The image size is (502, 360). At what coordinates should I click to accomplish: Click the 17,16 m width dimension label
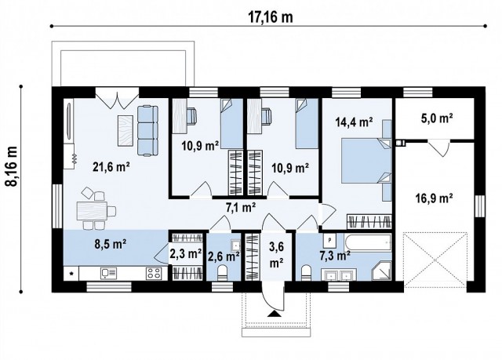271,17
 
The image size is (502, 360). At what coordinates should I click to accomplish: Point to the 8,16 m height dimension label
12,166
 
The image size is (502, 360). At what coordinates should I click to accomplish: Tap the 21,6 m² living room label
111,167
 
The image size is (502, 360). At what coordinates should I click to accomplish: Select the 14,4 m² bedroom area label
354,122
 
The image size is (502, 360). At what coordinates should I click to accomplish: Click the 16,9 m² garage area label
434,198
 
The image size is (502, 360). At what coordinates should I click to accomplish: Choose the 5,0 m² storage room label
437,118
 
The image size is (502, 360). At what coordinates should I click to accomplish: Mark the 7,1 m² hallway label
241,208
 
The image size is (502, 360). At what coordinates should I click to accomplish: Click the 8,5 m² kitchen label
111,244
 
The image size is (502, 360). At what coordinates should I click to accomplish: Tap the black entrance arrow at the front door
274,313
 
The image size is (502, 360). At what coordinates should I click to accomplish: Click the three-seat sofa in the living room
148,130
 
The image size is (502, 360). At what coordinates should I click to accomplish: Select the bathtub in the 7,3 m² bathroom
368,243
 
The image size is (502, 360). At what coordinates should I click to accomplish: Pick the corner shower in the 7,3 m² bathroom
382,271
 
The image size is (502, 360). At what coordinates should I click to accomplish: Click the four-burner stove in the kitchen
154,273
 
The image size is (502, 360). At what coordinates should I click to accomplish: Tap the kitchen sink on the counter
108,273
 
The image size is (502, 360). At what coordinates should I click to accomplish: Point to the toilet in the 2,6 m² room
222,274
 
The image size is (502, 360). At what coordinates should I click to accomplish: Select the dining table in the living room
92,211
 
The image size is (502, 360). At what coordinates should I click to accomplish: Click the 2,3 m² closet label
186,254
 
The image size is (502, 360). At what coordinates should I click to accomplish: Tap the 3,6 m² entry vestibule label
276,255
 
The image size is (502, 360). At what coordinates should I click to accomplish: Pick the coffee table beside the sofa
125,130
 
